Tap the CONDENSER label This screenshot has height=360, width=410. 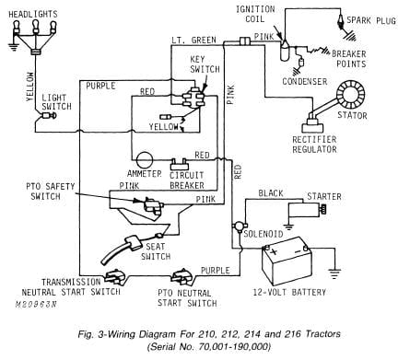tap(309, 79)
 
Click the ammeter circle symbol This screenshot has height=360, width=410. tap(143, 157)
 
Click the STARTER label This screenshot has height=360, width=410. tap(323, 195)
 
